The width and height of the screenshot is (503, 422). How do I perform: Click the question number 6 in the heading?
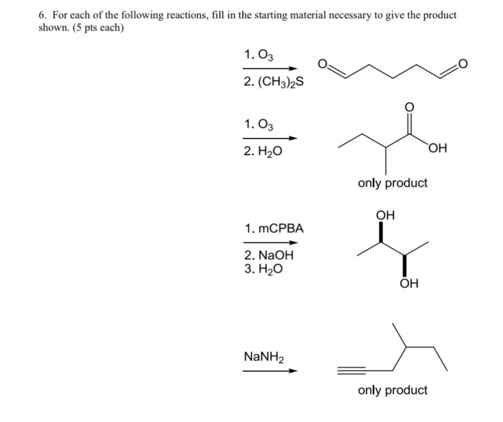tap(42, 15)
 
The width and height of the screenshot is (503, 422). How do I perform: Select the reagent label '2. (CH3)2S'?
tap(273, 82)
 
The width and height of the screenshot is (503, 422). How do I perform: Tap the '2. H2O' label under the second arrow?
tap(263, 151)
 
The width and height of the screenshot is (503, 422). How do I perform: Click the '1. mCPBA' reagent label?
tap(274, 228)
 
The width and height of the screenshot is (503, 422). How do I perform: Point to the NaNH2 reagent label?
tap(263, 357)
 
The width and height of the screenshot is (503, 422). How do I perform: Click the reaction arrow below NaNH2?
tap(270, 370)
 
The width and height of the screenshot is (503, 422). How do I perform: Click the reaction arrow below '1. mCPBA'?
tap(270, 242)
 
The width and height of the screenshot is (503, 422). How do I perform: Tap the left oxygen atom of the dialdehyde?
tap(322, 64)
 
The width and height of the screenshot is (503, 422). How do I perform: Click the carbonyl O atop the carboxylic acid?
tap(410, 107)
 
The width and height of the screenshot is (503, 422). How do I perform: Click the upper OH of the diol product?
tap(385, 215)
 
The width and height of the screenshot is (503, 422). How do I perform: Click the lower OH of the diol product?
tap(409, 284)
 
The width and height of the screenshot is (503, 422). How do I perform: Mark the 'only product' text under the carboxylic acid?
tap(392, 183)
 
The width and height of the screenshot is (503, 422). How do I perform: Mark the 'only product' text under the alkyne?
tap(392, 390)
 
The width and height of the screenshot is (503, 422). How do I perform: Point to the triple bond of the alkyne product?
tap(351, 369)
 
